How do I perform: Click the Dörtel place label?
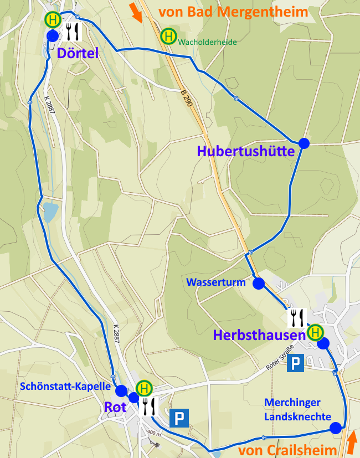pyautogui.click(x=77, y=53)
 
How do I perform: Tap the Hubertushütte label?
pyautogui.click(x=245, y=151)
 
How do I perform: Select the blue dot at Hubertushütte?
pyautogui.click(x=304, y=143)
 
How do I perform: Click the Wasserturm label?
pyautogui.click(x=216, y=282)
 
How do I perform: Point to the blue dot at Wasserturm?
pyautogui.click(x=258, y=284)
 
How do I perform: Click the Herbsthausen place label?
pyautogui.click(x=259, y=335)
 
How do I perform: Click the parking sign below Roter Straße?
pyautogui.click(x=296, y=363)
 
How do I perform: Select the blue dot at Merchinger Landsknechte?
pyautogui.click(x=335, y=428)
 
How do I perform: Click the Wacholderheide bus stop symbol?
pyautogui.click(x=168, y=37)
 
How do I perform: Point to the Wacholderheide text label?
pyautogui.click(x=208, y=41)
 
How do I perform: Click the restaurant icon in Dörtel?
pyautogui.click(x=73, y=32)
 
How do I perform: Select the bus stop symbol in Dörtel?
pyautogui.click(x=53, y=19)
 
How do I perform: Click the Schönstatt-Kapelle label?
pyautogui.click(x=65, y=387)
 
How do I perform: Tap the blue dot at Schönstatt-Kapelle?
pyautogui.click(x=121, y=390)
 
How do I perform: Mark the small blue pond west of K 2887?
pyautogui.click(x=50, y=211)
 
